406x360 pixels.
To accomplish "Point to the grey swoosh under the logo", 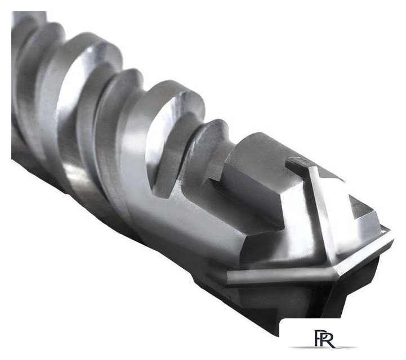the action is coord(323,347).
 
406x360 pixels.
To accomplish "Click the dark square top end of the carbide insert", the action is coord(297,162).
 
